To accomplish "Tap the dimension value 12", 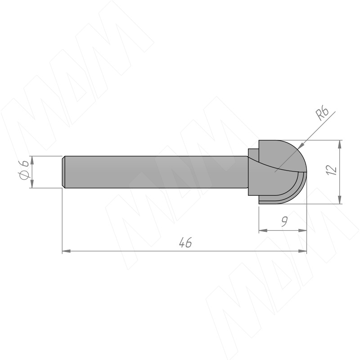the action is point(332,170).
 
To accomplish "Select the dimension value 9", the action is point(284,221).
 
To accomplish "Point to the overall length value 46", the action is point(185,243).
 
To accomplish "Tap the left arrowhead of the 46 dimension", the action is point(66,251).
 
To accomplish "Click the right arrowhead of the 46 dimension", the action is point(302,251).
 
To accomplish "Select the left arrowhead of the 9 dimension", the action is point(263,230).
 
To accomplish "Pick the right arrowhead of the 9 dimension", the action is point(302,230).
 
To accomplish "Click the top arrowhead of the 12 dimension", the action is point(340,144).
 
